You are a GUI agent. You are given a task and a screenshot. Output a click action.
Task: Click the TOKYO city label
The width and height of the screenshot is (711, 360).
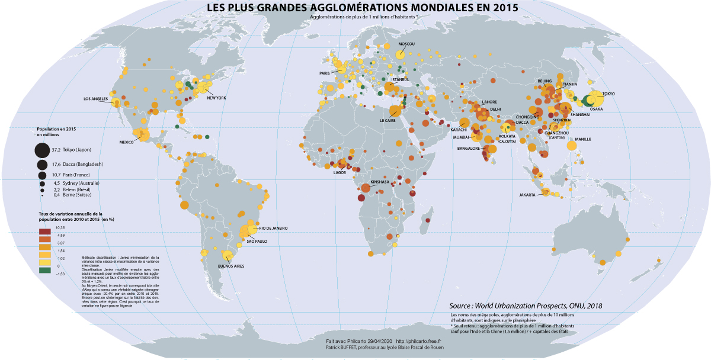[609, 94]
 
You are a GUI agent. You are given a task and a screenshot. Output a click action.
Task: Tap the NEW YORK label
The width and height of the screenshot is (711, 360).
[216, 98]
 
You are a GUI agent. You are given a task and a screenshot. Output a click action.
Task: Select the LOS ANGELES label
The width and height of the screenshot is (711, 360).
[95, 99]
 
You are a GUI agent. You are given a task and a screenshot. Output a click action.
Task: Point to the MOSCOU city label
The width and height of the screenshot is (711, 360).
[406, 44]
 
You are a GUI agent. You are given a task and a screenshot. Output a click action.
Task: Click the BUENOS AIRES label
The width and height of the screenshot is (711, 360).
[231, 266]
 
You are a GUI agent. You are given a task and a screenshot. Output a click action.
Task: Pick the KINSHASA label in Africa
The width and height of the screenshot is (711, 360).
[380, 182]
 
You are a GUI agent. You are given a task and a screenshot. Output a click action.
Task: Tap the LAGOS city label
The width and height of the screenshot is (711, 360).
[340, 172]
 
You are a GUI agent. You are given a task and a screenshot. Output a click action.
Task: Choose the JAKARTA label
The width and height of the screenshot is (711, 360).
[527, 195]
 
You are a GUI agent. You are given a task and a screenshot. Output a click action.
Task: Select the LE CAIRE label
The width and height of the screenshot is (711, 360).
[387, 120]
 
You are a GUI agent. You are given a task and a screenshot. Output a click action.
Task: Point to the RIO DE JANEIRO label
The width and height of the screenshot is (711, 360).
[273, 228]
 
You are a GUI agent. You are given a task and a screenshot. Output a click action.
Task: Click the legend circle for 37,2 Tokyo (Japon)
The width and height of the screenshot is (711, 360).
[42, 150]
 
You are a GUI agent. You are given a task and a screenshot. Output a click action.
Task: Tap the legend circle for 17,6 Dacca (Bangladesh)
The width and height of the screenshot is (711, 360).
[42, 164]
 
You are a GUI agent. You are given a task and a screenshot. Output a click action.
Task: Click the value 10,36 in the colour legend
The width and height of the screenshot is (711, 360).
[60, 227]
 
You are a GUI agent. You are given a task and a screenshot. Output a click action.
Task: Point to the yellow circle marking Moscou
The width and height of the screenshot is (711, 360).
[401, 54]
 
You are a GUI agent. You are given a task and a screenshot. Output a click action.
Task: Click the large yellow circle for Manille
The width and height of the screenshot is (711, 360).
[572, 146]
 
